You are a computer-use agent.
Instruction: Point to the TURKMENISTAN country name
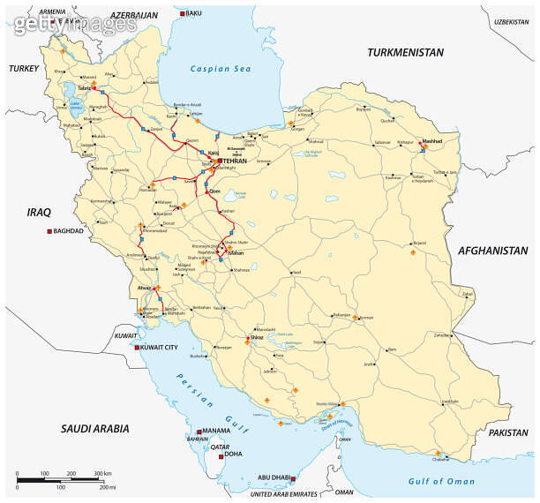(x=405, y=52)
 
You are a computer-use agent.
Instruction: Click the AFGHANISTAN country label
(x=492, y=251)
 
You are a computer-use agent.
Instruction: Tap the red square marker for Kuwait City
(x=137, y=348)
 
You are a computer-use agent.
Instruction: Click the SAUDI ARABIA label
(x=94, y=428)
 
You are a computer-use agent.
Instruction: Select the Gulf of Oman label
(x=441, y=481)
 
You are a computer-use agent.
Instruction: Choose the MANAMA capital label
(x=215, y=432)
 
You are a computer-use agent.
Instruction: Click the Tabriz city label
(x=85, y=88)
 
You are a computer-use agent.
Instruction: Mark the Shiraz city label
(x=258, y=336)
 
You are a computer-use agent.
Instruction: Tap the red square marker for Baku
(x=183, y=14)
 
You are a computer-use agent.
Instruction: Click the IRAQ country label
(x=40, y=212)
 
